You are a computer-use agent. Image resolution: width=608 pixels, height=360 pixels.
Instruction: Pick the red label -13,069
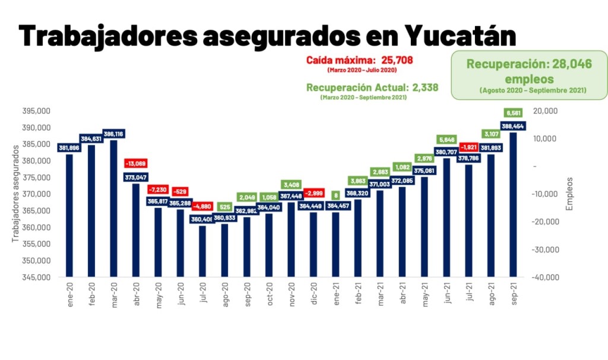pos(136,163)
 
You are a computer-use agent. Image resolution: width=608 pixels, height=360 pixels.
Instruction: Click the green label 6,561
pos(513,113)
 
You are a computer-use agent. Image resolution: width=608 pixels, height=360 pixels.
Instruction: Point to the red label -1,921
pos(469,146)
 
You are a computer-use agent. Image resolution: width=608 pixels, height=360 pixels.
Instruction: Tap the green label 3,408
pos(292,184)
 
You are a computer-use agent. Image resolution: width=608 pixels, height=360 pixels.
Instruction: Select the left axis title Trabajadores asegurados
pos(15,193)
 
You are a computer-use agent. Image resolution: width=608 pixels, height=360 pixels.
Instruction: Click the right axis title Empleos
pos(570,193)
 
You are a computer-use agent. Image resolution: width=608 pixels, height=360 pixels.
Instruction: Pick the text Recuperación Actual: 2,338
pos(372,87)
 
